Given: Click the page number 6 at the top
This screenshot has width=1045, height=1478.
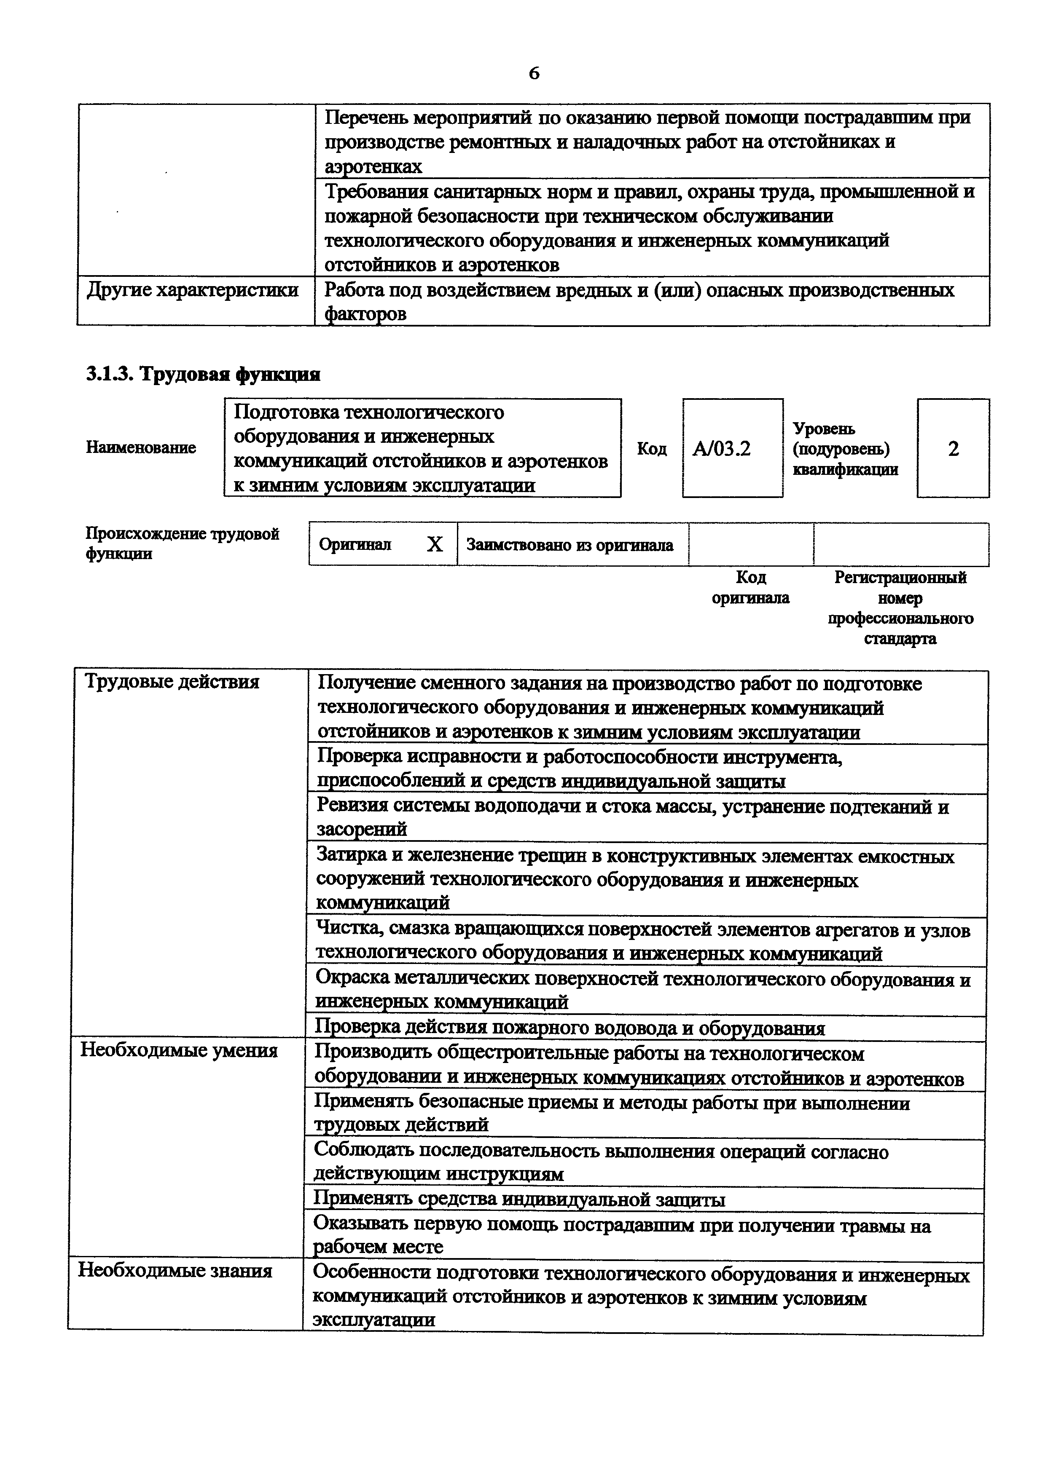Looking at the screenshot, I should [x=534, y=73].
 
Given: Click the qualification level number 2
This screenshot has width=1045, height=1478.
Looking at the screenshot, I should [x=953, y=449].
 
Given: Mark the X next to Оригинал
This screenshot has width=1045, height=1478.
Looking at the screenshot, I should [x=435, y=545].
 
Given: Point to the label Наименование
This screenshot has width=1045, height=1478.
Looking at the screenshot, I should [x=141, y=447].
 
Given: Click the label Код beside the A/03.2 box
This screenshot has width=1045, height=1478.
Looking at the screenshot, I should [x=652, y=449].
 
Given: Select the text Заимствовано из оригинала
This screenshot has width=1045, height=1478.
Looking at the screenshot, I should [x=570, y=545].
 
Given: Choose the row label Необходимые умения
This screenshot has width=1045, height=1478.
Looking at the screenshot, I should [x=179, y=1050].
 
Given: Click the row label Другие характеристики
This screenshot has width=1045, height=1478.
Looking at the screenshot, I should [x=193, y=290].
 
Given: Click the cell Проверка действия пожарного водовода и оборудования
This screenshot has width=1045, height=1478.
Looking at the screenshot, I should [x=569, y=1028].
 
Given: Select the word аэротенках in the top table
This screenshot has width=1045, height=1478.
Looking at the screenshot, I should [x=373, y=167].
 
